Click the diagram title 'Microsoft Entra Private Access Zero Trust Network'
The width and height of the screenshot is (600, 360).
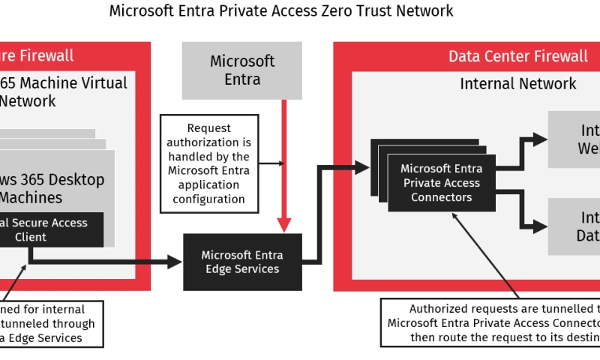pyautogui.click(x=281, y=11)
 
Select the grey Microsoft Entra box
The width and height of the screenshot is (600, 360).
pyautogui.click(x=242, y=70)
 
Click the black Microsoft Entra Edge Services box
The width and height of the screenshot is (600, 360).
pyautogui.click(x=242, y=262)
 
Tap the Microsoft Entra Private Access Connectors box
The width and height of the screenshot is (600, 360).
pyautogui.click(x=442, y=182)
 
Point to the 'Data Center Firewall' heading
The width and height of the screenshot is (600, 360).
pyautogui.click(x=517, y=56)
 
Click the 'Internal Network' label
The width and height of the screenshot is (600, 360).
pyautogui.click(x=517, y=83)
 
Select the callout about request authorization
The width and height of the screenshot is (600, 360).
pyautogui.click(x=208, y=163)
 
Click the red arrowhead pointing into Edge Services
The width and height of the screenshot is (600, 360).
pyautogui.click(x=284, y=224)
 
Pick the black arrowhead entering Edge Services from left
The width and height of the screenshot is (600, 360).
pyautogui.click(x=175, y=262)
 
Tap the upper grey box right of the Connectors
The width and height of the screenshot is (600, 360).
pyautogui.click(x=574, y=139)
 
